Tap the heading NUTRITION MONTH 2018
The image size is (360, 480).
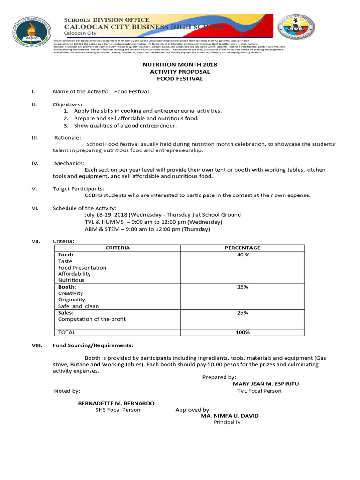pyautogui.click(x=180, y=64)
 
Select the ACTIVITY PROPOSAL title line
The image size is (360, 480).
pyautogui.click(x=180, y=72)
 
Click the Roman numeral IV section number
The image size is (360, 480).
pyautogui.click(x=34, y=163)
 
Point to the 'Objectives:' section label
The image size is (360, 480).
pyautogui.click(x=67, y=104)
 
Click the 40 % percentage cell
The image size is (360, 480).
pyautogui.click(x=243, y=255)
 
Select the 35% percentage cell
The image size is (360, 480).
pyautogui.click(x=243, y=287)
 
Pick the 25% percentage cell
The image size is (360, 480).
pyautogui.click(x=243, y=313)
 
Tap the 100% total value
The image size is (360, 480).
pyautogui.click(x=243, y=332)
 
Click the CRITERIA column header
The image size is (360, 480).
pyautogui.click(x=118, y=248)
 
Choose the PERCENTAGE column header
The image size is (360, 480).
pyautogui.click(x=243, y=248)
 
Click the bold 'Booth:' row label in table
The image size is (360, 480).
pyautogui.click(x=67, y=287)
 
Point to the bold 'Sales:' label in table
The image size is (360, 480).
pyautogui.click(x=66, y=313)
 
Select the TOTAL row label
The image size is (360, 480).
pyautogui.click(x=67, y=332)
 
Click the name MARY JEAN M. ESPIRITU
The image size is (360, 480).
pyautogui.click(x=266, y=384)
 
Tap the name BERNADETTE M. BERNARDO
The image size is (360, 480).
pyautogui.click(x=116, y=403)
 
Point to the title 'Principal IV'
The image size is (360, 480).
pyautogui.click(x=227, y=422)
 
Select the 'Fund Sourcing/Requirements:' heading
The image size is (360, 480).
pyautogui.click(x=93, y=345)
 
